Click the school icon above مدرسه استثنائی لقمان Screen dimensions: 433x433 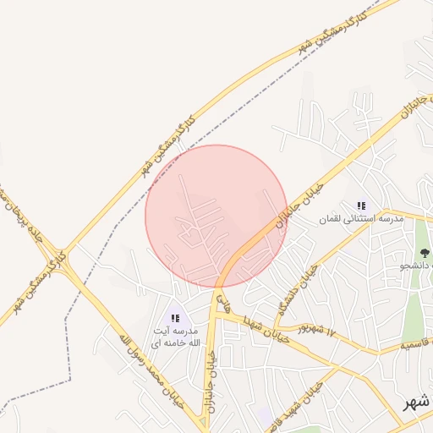coord(362,206)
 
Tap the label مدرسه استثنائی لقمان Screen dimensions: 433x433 coord(362,219)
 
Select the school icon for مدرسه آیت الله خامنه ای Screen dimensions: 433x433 coord(176,319)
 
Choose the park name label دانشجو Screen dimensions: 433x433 coord(417,266)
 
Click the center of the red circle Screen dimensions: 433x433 coord(216,216)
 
